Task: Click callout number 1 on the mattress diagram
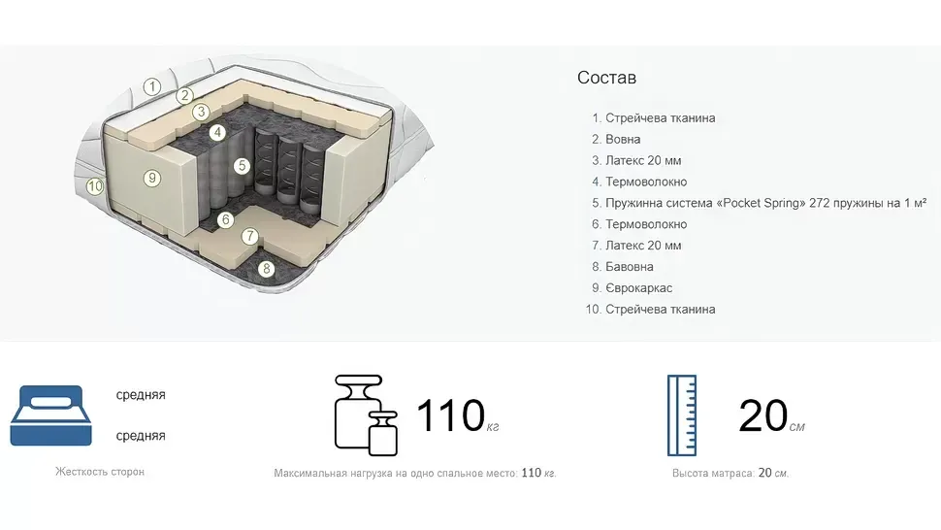click(152, 87)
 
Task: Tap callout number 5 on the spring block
click(242, 166)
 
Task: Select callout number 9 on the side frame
click(152, 178)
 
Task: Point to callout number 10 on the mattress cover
click(95, 186)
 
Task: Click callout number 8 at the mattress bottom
click(267, 269)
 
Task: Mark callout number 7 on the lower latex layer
click(250, 237)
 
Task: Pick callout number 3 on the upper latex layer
click(201, 112)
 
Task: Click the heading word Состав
click(606, 78)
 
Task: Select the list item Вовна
click(623, 139)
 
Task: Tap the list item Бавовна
click(630, 267)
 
